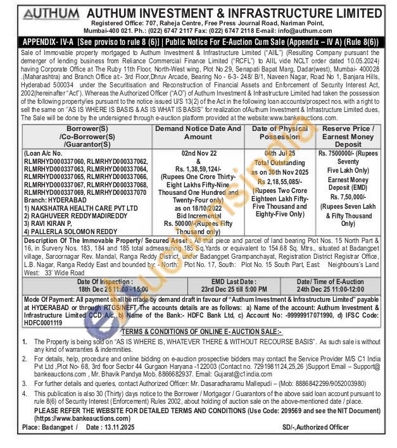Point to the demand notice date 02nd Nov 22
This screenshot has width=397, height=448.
tap(199, 152)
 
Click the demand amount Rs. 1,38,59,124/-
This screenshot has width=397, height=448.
tap(199, 170)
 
